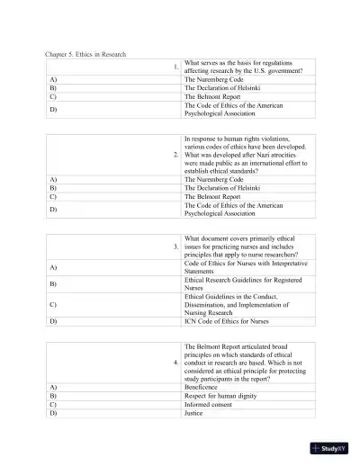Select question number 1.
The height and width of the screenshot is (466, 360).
tap(176, 67)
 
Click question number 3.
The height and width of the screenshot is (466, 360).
tap(176, 246)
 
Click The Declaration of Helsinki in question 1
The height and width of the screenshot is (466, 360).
tap(221, 88)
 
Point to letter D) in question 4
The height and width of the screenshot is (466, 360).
tap(53, 413)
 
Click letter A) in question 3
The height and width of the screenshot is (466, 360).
tap(53, 267)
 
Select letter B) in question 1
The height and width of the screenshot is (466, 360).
tap(53, 88)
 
